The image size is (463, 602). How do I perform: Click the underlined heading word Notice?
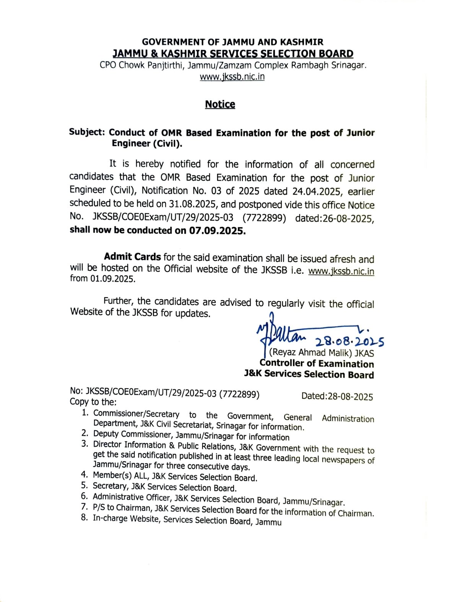click(x=220, y=104)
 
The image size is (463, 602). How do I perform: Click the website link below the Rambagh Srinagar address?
click(x=232, y=77)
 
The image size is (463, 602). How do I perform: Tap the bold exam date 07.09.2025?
click(x=217, y=231)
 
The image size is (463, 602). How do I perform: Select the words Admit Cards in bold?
click(x=132, y=257)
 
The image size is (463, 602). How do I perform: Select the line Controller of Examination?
click(x=317, y=364)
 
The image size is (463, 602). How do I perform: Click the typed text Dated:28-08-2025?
click(x=337, y=396)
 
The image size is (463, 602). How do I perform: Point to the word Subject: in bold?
click(x=87, y=132)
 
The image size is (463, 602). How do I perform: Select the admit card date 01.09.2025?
click(x=113, y=279)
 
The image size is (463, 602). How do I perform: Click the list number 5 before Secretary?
click(x=84, y=486)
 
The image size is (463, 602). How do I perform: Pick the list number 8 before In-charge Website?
click(x=84, y=518)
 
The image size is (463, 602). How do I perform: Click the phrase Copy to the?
click(x=93, y=402)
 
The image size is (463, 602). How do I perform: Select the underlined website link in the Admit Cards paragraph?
click(x=341, y=271)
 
